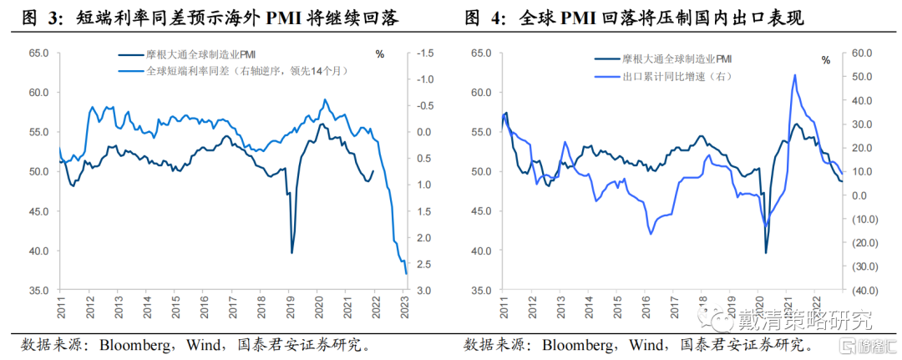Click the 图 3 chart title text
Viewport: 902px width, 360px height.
(210, 19)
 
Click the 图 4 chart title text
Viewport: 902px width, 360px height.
(634, 19)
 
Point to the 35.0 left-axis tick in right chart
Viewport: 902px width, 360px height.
(483, 291)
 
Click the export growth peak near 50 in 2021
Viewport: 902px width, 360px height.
(794, 75)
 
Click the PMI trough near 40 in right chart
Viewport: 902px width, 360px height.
(766, 252)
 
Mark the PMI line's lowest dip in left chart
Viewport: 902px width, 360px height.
(291, 252)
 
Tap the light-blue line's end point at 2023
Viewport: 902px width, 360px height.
(406, 274)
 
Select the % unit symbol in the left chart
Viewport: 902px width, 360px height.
(380, 54)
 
